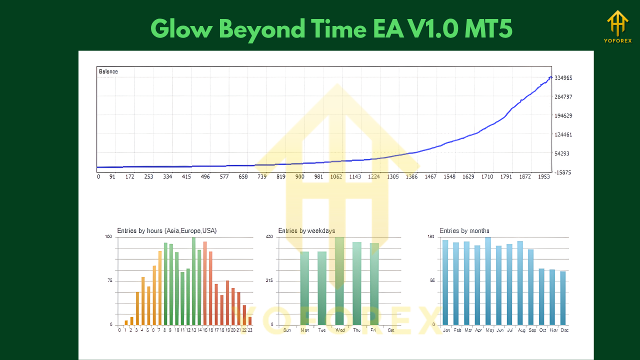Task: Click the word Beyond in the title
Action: [262, 29]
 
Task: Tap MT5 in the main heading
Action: [488, 29]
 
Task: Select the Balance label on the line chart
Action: [108, 71]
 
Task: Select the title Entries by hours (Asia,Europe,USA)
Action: [167, 231]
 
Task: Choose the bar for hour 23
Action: [250, 320]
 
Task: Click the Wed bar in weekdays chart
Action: [339, 281]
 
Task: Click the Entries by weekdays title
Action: [306, 231]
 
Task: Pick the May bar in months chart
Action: [488, 281]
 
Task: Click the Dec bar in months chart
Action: [563, 298]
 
